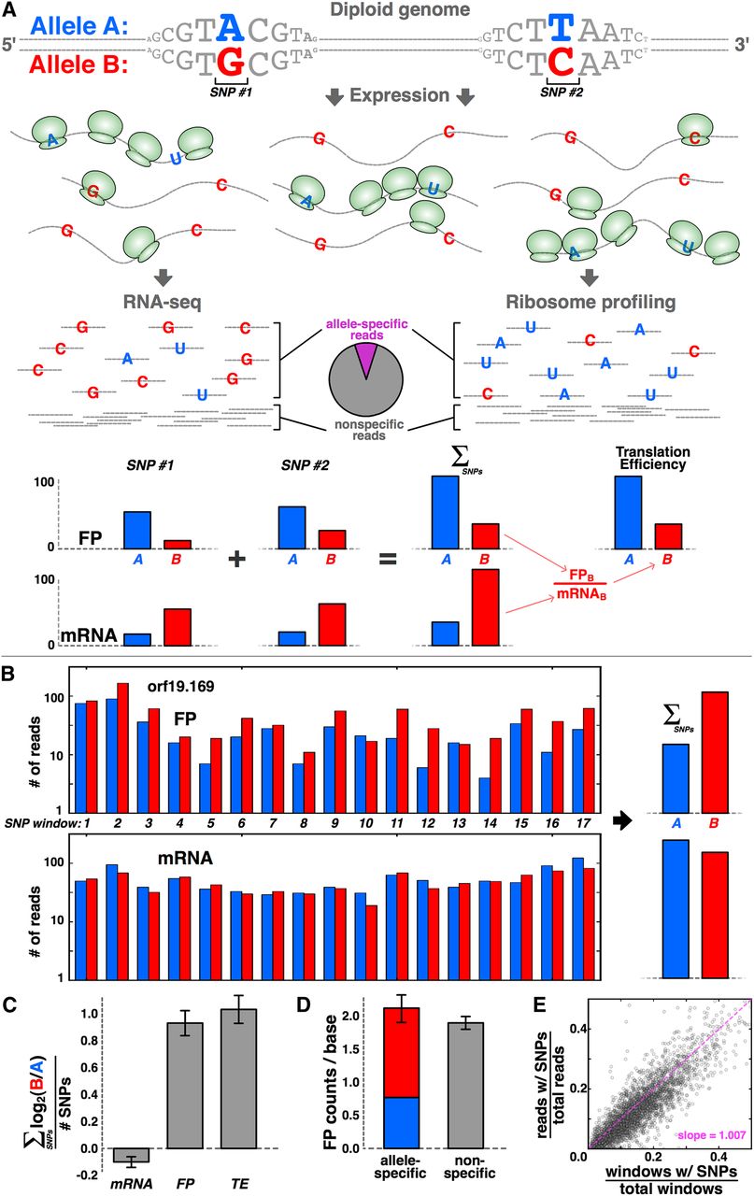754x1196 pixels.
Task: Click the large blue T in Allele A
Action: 561,28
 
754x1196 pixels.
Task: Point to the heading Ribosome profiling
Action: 590,302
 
